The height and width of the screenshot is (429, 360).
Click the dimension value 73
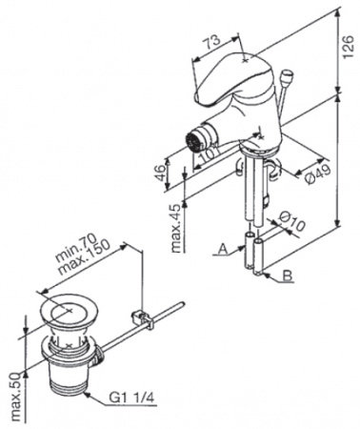[x=211, y=42]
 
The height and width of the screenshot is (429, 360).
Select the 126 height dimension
[x=348, y=47]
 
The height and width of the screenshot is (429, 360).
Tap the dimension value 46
[x=160, y=174]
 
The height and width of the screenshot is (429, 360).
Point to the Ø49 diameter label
[x=318, y=174]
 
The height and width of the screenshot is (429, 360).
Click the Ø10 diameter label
[x=292, y=221]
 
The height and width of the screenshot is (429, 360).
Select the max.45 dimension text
[x=178, y=227]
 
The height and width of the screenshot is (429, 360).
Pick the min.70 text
[x=76, y=246]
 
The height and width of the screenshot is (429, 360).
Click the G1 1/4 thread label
[x=132, y=398]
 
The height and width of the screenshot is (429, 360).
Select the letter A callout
[x=224, y=250]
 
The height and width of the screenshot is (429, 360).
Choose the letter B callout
[x=288, y=276]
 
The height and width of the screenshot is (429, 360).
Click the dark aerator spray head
[x=193, y=140]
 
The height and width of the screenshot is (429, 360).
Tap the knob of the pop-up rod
[x=288, y=75]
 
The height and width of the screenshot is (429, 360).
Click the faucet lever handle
[x=233, y=79]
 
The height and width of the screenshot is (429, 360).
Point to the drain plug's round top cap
[x=69, y=310]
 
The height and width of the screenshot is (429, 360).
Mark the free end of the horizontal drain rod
[x=182, y=304]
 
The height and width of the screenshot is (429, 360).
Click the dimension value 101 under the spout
[x=208, y=153]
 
